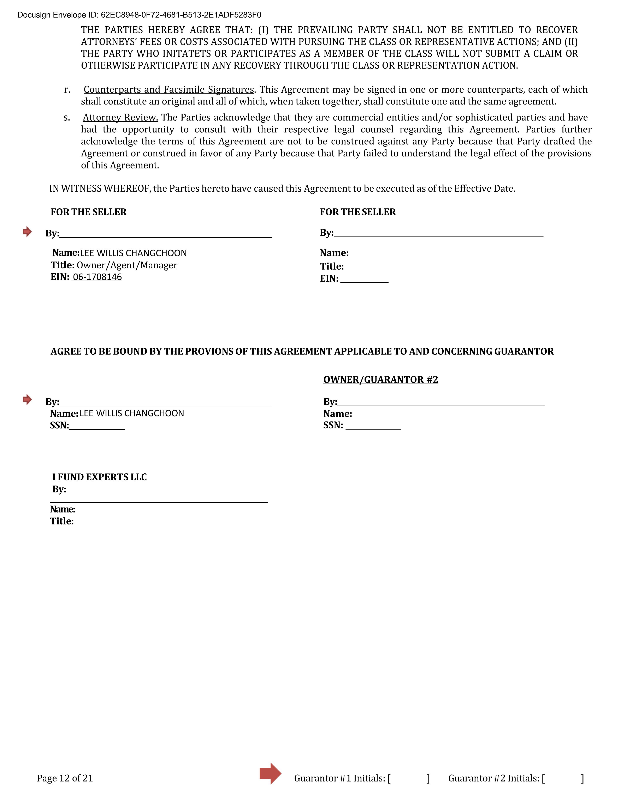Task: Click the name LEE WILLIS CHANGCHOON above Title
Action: tap(133, 253)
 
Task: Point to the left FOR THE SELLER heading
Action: tap(89, 212)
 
